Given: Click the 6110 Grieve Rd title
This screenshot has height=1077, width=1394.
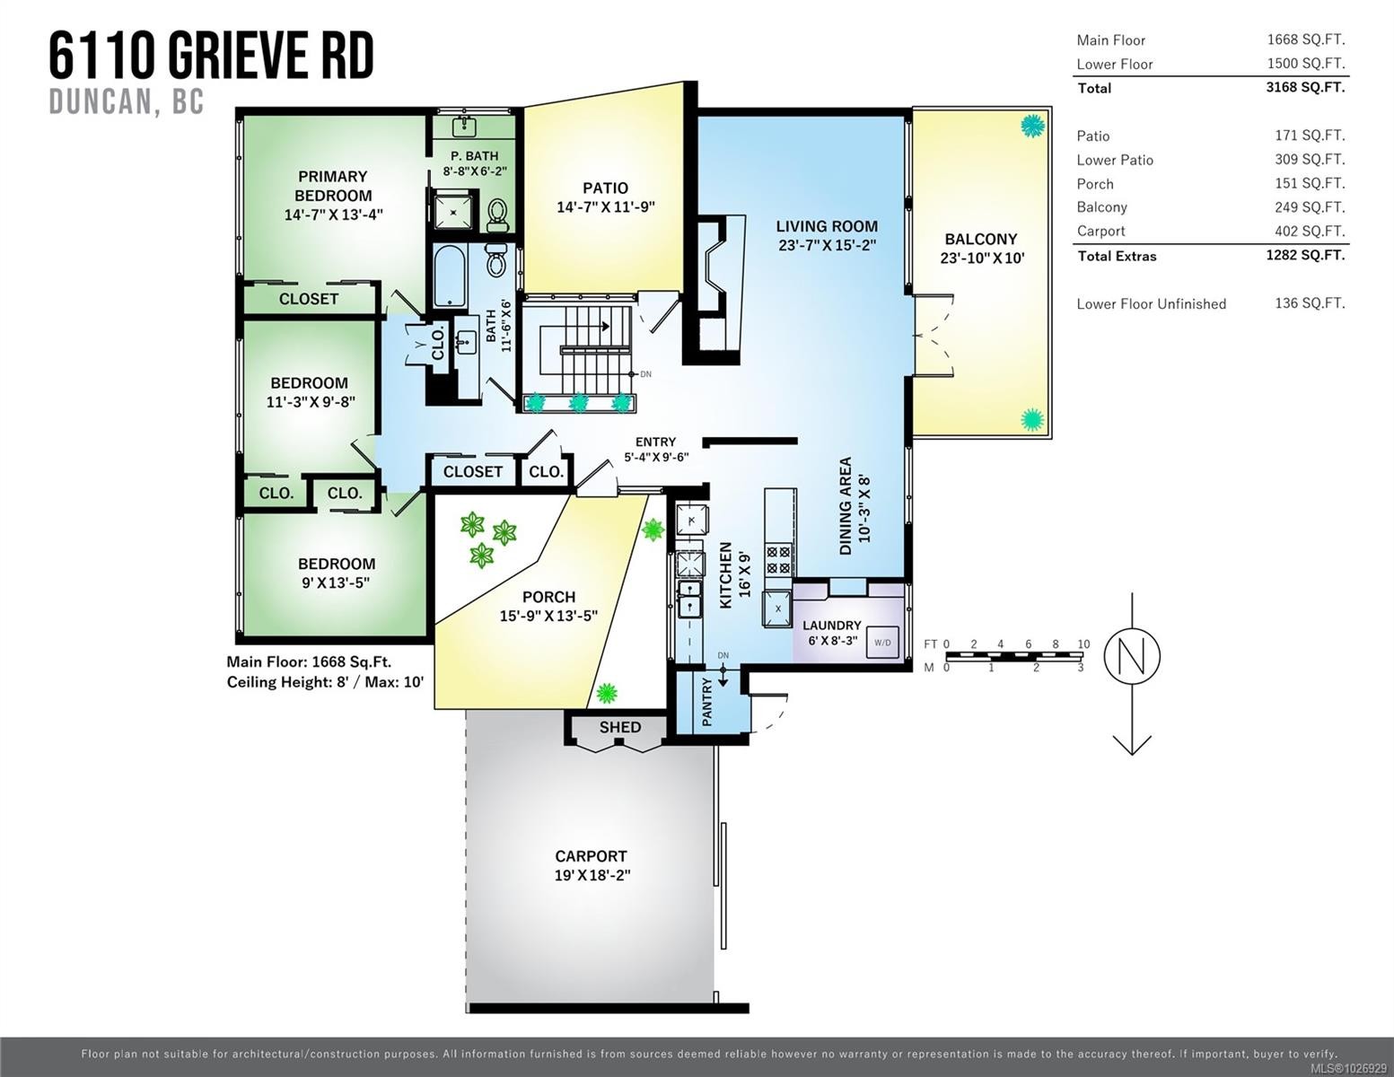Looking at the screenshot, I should (x=211, y=56).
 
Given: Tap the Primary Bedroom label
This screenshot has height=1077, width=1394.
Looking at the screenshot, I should (x=332, y=186).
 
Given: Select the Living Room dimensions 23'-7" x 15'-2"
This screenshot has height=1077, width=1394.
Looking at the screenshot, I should (x=826, y=245).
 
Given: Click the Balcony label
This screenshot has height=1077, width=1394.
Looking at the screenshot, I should (x=980, y=239).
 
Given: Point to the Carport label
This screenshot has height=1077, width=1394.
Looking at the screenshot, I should (x=591, y=856).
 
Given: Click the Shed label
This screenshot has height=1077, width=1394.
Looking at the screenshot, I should (x=620, y=727).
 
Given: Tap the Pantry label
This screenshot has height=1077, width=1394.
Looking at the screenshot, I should (x=707, y=702).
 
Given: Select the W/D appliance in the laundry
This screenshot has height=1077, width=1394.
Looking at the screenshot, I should (x=882, y=643).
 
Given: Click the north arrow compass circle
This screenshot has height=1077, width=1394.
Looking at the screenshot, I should (x=1131, y=655).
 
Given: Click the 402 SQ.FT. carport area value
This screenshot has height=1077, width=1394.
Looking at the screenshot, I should (x=1310, y=231).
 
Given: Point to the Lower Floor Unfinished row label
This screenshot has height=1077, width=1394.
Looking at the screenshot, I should (x=1151, y=303).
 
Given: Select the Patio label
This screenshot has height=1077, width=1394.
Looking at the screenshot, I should (x=605, y=188).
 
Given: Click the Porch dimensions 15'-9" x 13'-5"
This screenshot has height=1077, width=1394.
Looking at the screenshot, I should (x=548, y=616).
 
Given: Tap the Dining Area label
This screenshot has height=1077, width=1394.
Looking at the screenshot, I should (x=845, y=506).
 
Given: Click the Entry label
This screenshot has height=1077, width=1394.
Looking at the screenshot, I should (x=655, y=442).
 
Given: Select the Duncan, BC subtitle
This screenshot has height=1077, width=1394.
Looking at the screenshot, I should (x=127, y=102).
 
